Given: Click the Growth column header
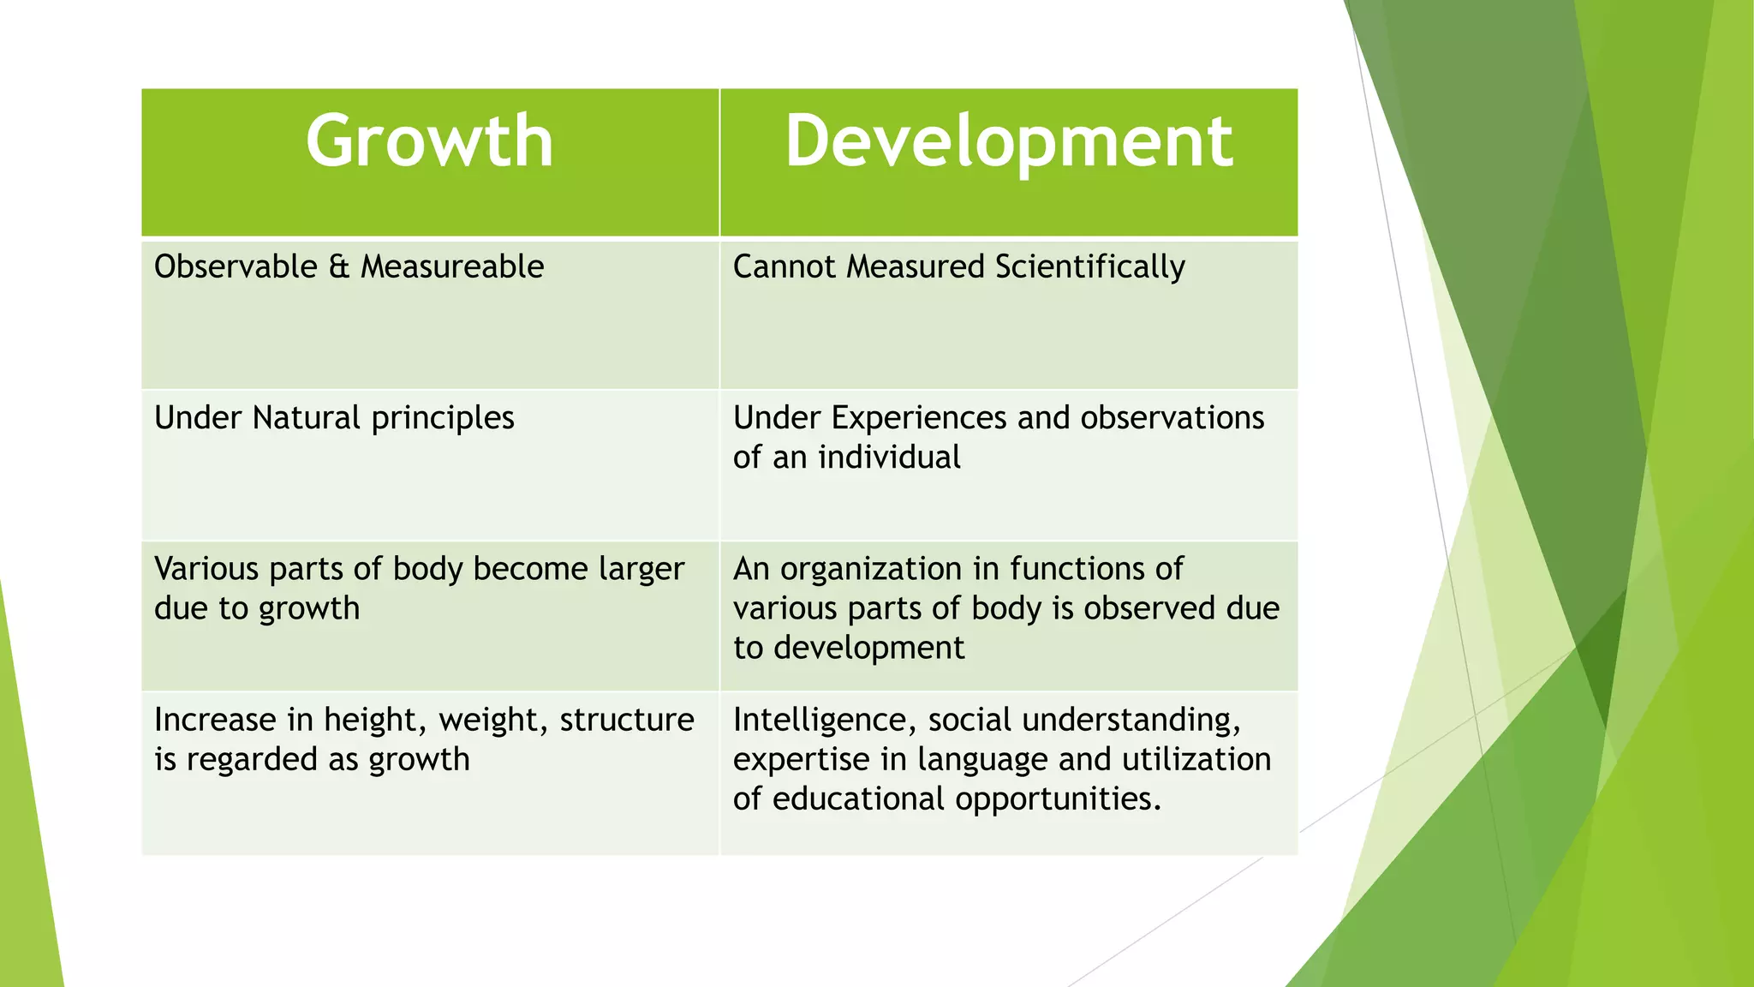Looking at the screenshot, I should click(429, 141).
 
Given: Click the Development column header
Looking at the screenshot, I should click(1008, 141).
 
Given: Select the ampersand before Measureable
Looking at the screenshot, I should click(339, 266).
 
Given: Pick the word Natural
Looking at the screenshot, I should click(306, 417).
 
